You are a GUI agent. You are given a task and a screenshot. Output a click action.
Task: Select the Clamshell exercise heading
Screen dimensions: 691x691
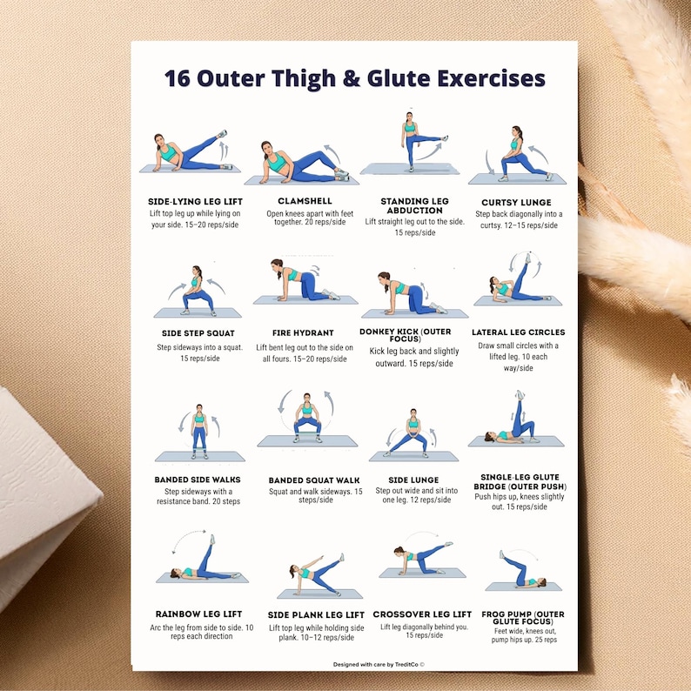coord(305,201)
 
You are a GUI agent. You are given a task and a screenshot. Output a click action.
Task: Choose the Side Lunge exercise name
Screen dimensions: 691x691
coord(413,480)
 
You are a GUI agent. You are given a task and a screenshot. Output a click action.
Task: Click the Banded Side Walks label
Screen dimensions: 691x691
coord(198,480)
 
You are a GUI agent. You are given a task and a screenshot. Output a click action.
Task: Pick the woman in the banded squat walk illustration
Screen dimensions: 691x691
coord(306,419)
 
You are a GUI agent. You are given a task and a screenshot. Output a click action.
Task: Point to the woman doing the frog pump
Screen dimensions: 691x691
coord(521,572)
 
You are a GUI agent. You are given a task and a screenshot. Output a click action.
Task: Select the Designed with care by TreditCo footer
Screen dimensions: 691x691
coord(379,664)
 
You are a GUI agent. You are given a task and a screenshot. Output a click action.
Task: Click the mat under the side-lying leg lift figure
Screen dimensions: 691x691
coord(190,169)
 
